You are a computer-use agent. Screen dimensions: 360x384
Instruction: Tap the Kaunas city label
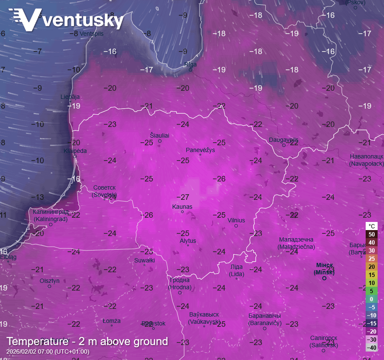(x=182, y=207)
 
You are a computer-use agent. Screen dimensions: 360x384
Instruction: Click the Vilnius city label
(x=236, y=220)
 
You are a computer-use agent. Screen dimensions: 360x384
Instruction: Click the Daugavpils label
(x=283, y=140)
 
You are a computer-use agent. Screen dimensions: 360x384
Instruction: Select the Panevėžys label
(x=200, y=150)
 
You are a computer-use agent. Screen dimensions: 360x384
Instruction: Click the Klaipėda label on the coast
(x=75, y=151)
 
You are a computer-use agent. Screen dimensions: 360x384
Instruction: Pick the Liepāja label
(x=70, y=97)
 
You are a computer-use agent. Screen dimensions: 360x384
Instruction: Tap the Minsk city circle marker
(x=324, y=278)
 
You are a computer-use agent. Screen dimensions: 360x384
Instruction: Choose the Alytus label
(x=188, y=241)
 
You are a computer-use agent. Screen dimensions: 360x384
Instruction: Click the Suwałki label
(x=144, y=260)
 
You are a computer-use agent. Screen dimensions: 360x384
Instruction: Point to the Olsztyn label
(x=49, y=281)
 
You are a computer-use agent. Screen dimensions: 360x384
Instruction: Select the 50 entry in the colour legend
(x=371, y=234)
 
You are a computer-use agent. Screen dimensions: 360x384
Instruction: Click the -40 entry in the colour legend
(x=371, y=348)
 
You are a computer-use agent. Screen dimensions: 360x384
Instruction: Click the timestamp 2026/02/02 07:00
(x=48, y=352)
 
